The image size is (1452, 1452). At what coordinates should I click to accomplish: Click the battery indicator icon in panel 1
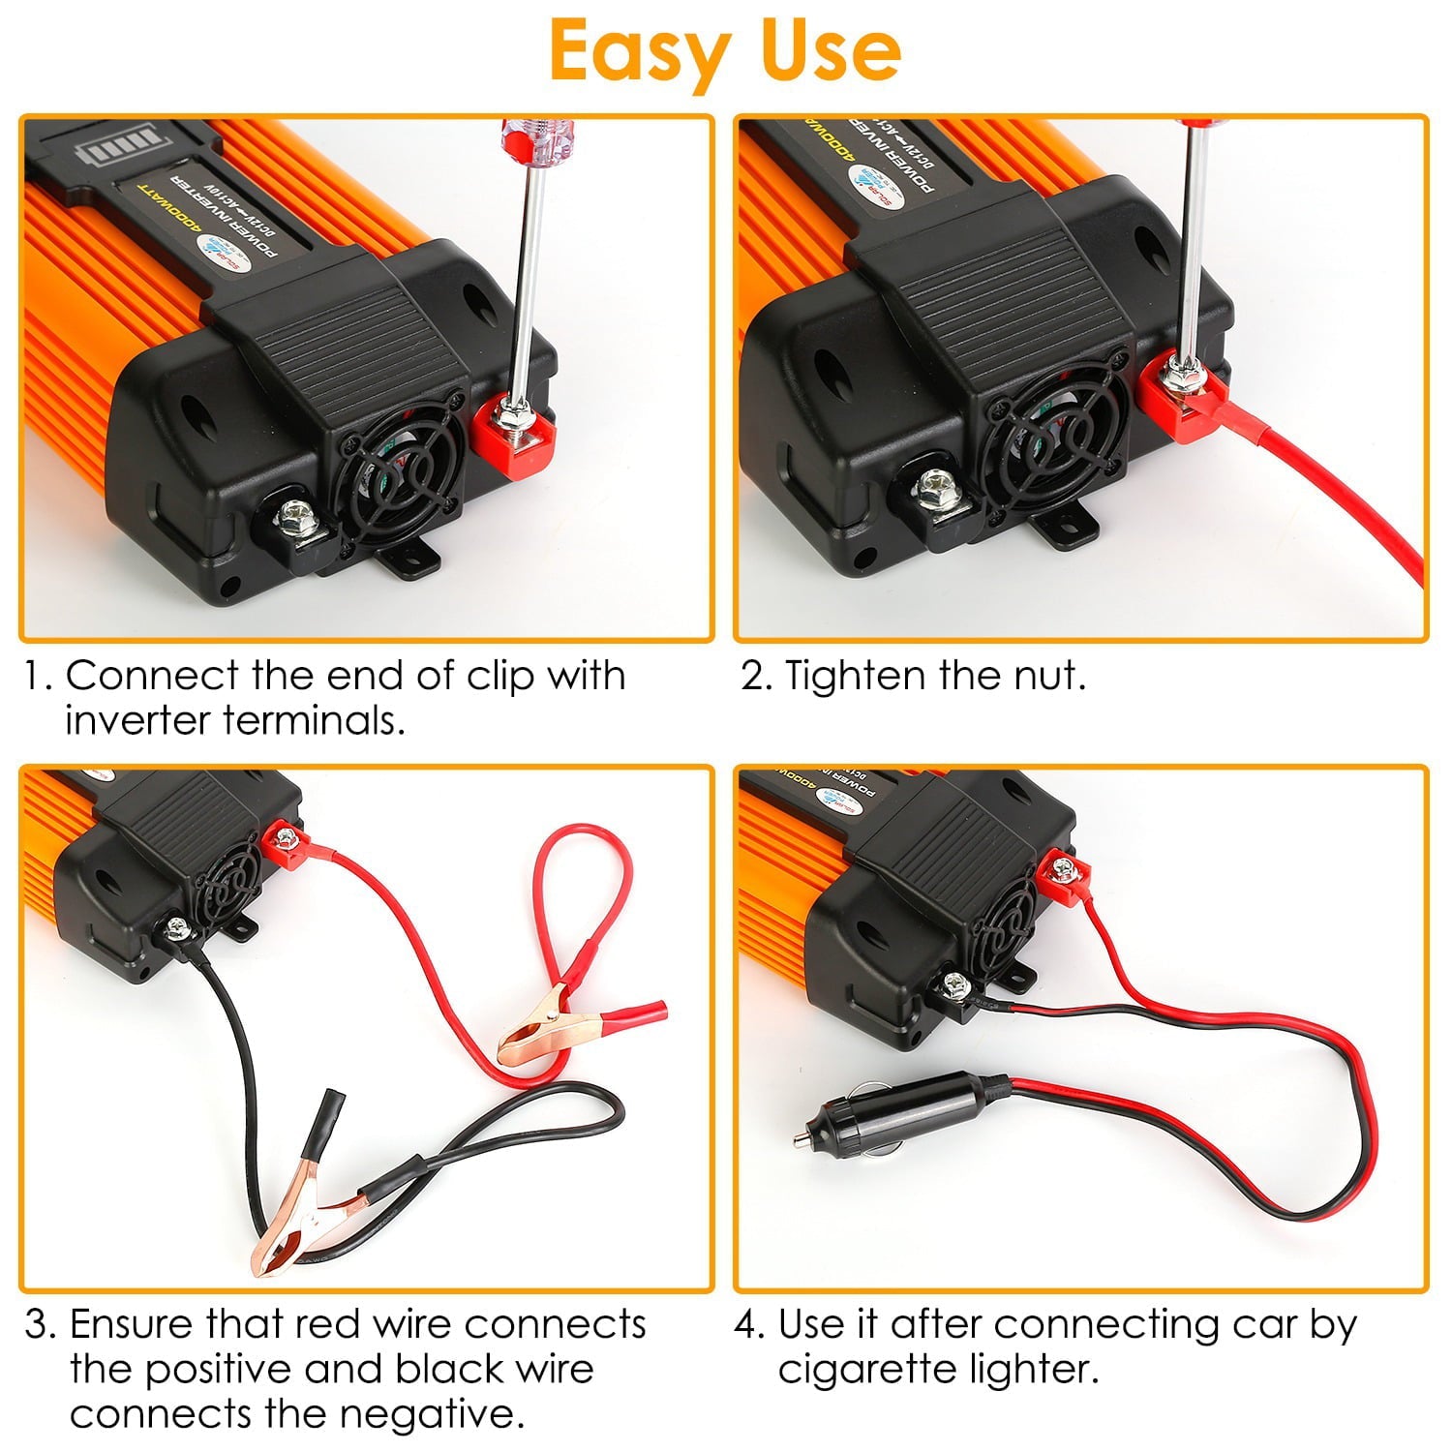pos(108,151)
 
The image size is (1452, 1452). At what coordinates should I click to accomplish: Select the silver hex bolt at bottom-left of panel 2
pos(937,488)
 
